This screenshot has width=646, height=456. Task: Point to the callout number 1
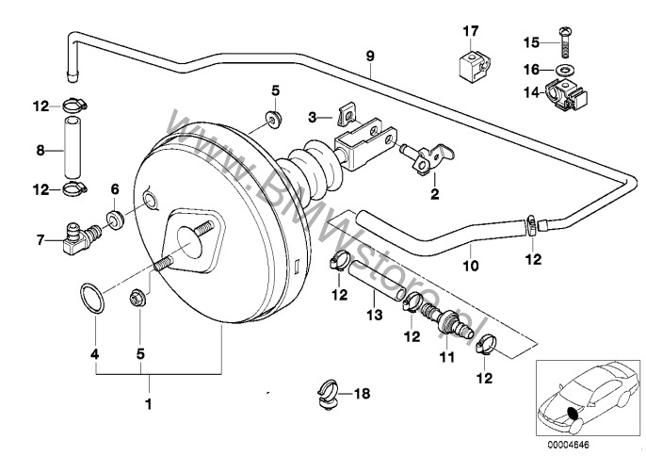(147, 405)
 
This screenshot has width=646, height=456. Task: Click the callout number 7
(41, 240)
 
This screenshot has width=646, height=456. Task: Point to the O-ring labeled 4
(90, 299)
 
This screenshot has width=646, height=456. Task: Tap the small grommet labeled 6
(114, 220)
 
